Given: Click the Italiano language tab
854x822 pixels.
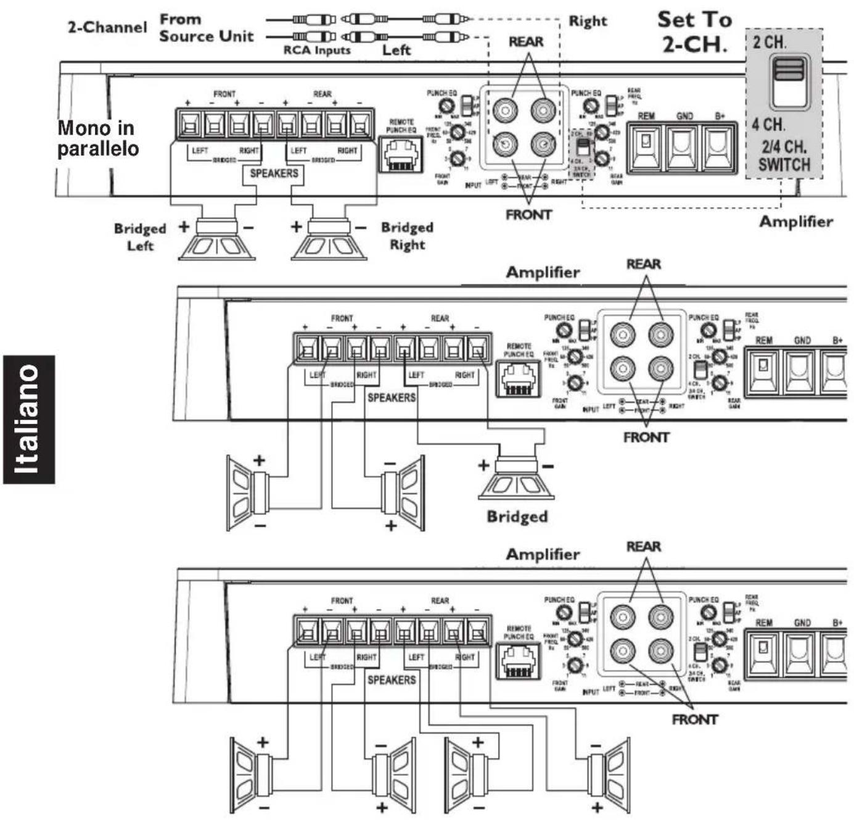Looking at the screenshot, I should pos(28,420).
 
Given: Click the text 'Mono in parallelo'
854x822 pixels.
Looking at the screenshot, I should pos(97,138).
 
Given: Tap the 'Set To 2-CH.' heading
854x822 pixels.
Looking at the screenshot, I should pos(694,31).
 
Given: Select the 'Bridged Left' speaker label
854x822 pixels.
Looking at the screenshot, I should pos(140,237).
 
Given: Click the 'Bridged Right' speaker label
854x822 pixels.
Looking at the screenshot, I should pos(407,236).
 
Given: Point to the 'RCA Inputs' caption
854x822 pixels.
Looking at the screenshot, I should pos(316,51).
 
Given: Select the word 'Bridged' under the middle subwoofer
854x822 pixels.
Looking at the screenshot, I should pos(517,516).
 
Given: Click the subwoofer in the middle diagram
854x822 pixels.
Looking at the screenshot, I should pos(517,478).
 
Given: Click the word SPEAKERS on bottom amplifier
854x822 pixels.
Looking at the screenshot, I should pos(391,679).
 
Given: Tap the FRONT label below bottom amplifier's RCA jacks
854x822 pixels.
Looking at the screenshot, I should pos(694,720).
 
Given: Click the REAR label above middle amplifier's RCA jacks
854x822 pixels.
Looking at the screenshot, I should pos(643,264).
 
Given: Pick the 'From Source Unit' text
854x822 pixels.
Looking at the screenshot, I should pos(206,28).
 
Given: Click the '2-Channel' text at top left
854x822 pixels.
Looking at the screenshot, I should pos(107,27).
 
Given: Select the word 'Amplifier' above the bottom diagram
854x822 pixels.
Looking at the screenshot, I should pos(543,554).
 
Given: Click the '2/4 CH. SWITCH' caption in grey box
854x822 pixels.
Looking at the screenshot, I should pos(784,156).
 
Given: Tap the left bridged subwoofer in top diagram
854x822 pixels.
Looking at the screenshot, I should pos(216,240).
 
